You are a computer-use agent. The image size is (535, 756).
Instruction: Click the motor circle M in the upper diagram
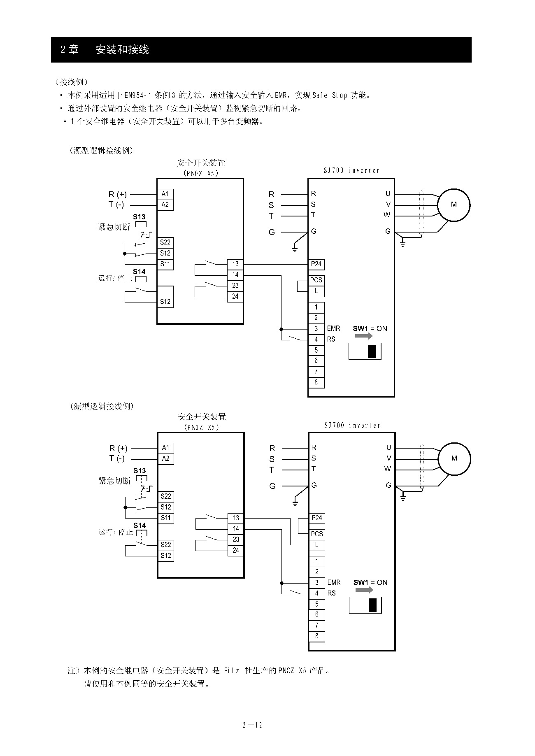point(454,205)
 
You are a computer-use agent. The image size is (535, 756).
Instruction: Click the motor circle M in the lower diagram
point(454,458)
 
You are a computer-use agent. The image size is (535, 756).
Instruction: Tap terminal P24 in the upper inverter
point(316,264)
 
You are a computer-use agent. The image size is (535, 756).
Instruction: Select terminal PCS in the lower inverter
point(316,534)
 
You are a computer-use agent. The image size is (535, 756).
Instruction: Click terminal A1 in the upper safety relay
point(165,194)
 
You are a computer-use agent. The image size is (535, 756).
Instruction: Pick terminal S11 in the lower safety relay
point(166,518)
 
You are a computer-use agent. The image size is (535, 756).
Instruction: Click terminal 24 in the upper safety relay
point(235,296)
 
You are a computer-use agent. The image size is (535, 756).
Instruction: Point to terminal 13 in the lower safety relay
point(236,518)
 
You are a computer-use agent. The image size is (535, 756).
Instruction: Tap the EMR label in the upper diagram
point(333,328)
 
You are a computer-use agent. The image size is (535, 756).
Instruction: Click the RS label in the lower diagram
point(331,593)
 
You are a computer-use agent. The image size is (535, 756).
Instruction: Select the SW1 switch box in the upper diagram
point(365,351)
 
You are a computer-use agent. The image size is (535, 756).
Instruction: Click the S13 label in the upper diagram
point(139,217)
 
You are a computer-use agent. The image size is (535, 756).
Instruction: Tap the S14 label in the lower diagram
point(140,526)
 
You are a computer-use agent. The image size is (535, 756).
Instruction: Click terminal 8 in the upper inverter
point(316,382)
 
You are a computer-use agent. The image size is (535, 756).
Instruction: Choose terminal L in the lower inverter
point(316,545)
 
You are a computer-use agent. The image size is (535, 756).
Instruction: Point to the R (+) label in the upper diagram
point(118,194)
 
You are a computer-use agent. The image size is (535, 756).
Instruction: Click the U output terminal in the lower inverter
point(388,448)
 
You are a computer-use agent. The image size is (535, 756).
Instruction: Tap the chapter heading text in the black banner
point(105,50)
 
